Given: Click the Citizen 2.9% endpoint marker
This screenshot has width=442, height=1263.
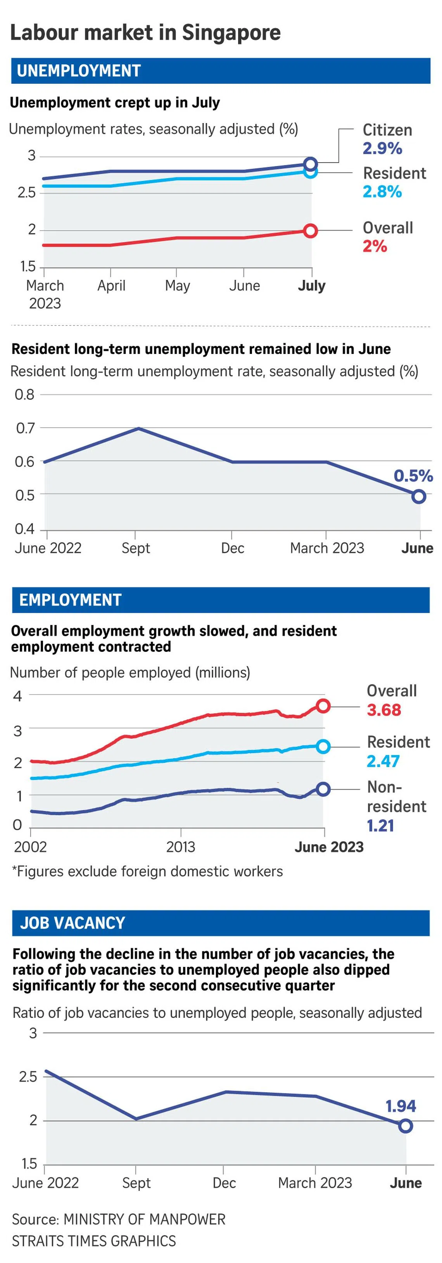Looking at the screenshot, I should point(310,164).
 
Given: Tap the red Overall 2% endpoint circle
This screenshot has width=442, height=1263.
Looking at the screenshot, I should point(310,231).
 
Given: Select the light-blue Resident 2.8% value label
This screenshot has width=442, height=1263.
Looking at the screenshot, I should point(382,192).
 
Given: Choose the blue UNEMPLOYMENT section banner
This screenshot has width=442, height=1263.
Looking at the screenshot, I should point(221,71).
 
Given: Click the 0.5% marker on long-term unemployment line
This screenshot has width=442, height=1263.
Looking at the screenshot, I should point(418,497).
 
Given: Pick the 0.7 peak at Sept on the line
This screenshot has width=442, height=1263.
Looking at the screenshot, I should point(139,428).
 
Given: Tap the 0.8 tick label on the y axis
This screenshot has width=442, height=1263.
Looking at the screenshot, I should point(24,394).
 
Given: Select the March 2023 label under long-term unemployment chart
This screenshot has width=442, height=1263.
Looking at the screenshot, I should point(327,548).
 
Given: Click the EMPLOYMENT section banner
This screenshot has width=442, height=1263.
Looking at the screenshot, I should point(221,600).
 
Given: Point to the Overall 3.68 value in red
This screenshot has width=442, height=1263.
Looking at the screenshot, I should point(384,710).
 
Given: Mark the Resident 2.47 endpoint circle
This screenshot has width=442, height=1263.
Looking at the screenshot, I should point(323,747).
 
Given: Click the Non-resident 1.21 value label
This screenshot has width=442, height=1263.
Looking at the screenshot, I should point(380,826).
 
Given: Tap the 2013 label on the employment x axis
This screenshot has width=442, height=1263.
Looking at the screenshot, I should point(180,847).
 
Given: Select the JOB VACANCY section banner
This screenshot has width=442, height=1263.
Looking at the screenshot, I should point(221,923).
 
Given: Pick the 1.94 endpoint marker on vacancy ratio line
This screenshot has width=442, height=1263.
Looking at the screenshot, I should point(405,1126).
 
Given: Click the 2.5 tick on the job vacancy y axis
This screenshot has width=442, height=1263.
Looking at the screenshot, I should point(28,1077).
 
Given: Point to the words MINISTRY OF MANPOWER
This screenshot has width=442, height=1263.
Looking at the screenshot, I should point(145,1220).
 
